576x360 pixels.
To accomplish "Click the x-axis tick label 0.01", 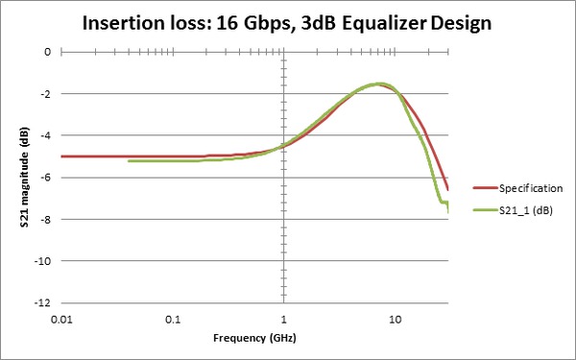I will pyautogui.click(x=62, y=318).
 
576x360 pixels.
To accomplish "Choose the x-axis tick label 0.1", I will pyautogui.click(x=173, y=318).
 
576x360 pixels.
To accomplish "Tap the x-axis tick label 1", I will pyautogui.click(x=283, y=318).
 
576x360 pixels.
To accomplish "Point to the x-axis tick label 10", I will pyautogui.click(x=394, y=318).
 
